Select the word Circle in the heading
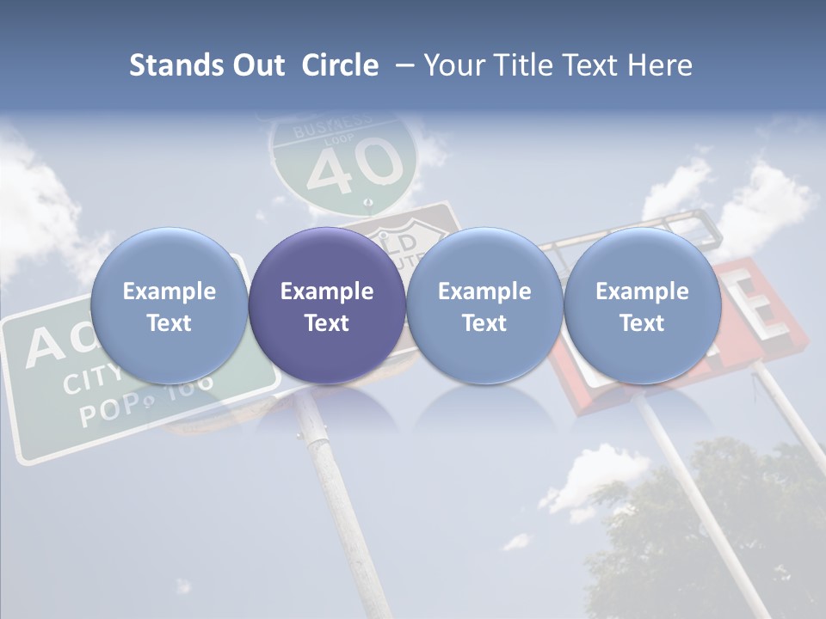[x=340, y=65]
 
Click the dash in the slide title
[x=403, y=65]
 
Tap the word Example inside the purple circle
[x=327, y=291]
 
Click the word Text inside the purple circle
[x=327, y=323]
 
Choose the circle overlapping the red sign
[x=643, y=306]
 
